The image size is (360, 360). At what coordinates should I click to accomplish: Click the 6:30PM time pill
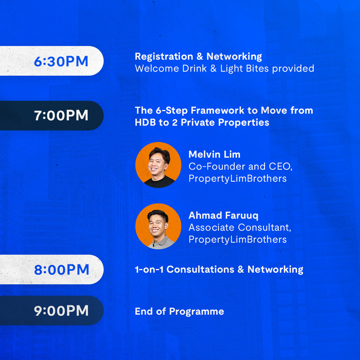click(x=52, y=61)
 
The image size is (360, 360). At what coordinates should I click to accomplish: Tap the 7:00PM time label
click(x=61, y=115)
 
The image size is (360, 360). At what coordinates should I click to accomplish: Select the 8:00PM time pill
click(x=52, y=269)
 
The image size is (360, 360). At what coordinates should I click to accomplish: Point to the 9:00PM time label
click(x=61, y=311)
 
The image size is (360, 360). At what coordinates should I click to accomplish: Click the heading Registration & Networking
click(x=198, y=56)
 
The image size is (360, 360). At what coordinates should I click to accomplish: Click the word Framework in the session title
click(x=218, y=110)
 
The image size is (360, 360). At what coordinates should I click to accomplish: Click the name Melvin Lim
click(x=214, y=154)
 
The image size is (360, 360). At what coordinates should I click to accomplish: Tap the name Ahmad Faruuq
click(x=223, y=216)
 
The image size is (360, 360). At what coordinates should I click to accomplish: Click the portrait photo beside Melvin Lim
click(x=158, y=165)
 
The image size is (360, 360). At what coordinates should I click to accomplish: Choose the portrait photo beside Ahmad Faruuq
click(x=158, y=226)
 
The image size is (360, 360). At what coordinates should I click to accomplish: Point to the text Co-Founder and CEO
click(x=240, y=166)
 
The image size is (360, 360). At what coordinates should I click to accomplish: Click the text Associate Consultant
click(x=240, y=228)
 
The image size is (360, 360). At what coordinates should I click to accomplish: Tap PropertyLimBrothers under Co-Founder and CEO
click(x=238, y=179)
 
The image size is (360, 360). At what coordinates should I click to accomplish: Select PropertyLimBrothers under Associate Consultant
click(x=238, y=240)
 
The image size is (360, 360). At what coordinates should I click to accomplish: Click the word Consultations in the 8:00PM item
click(x=200, y=269)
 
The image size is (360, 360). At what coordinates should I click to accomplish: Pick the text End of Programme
click(x=179, y=312)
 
